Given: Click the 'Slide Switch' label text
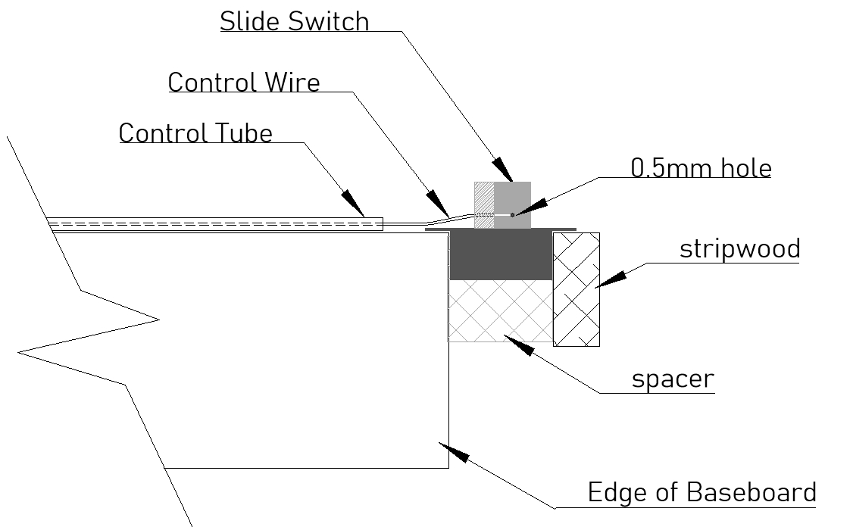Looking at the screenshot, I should (x=295, y=21).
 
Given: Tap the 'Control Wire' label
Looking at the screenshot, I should (x=244, y=82).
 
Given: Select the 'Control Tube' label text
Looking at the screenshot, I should (x=195, y=133).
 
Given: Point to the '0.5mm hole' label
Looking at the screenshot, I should (x=701, y=167).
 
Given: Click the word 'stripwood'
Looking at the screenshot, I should (x=739, y=248).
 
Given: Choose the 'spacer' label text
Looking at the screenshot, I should (x=673, y=379).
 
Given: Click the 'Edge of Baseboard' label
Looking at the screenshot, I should (x=701, y=492).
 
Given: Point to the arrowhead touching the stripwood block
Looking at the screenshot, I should (x=611, y=279).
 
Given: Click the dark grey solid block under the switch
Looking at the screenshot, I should (x=500, y=254).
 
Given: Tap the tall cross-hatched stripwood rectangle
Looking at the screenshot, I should (x=576, y=289).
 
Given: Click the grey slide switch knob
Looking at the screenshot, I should (x=512, y=204).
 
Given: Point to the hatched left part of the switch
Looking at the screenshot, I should (x=483, y=204).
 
